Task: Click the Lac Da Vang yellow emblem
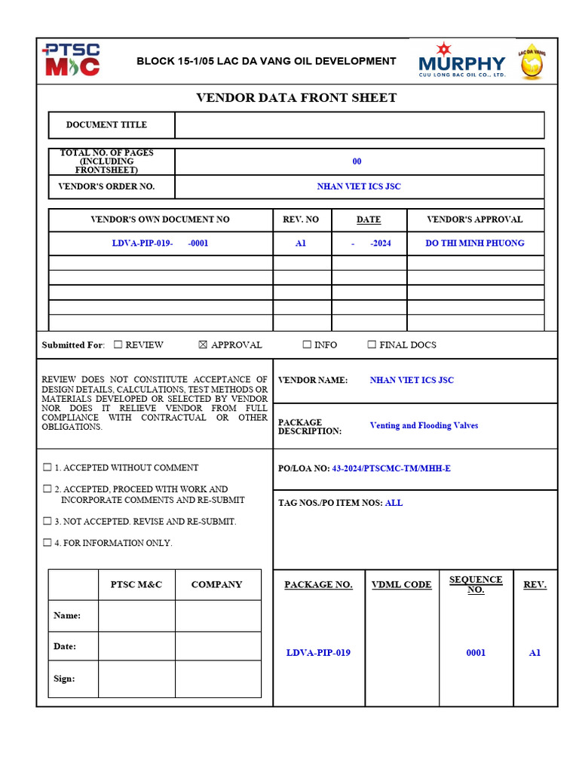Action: point(532,61)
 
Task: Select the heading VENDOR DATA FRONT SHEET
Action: point(296,98)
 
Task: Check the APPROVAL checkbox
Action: point(202,345)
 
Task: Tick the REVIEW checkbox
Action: point(118,345)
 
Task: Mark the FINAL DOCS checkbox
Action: point(372,345)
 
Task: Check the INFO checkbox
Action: point(307,345)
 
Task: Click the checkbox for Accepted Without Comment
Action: point(47,467)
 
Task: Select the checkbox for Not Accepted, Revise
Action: point(47,521)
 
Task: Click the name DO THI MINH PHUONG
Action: point(475,243)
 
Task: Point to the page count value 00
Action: point(357,161)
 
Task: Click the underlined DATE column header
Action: point(369,219)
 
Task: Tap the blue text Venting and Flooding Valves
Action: point(424,425)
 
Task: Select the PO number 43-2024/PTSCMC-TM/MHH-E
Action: point(392,468)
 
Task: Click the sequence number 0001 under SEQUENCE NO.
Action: point(476,653)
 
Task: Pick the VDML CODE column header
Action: point(402,584)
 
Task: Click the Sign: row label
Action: point(64,679)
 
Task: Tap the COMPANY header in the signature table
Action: point(217,584)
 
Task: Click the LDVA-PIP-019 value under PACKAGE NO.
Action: point(318,653)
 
